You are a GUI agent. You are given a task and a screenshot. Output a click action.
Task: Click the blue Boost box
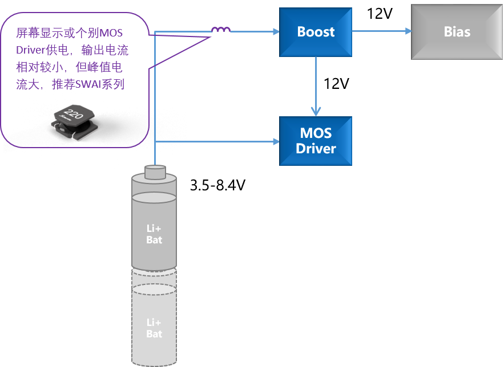pyautogui.click(x=315, y=32)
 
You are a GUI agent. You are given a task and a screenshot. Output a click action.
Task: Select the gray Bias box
pyautogui.click(x=457, y=31)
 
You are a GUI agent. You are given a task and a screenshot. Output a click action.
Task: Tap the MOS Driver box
pyautogui.click(x=315, y=141)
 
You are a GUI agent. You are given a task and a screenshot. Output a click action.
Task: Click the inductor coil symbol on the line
pyautogui.click(x=221, y=30)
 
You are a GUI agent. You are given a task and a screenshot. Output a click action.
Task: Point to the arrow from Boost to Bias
pyautogui.click(x=381, y=31)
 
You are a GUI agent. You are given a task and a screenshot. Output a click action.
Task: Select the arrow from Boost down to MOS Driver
pyautogui.click(x=316, y=85)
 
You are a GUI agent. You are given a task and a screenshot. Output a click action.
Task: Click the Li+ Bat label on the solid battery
pyautogui.click(x=154, y=234)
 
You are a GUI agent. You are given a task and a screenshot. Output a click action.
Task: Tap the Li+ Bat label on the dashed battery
pyautogui.click(x=154, y=328)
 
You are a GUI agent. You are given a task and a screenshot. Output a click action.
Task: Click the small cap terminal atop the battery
pyautogui.click(x=155, y=171)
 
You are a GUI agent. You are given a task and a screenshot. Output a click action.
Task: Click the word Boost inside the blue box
pyautogui.click(x=316, y=32)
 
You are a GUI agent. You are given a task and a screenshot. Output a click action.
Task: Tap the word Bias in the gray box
pyautogui.click(x=457, y=31)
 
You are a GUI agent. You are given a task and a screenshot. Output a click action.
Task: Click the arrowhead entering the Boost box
pyautogui.click(x=275, y=31)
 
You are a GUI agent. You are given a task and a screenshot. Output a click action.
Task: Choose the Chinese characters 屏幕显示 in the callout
pyautogui.click(x=35, y=32)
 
